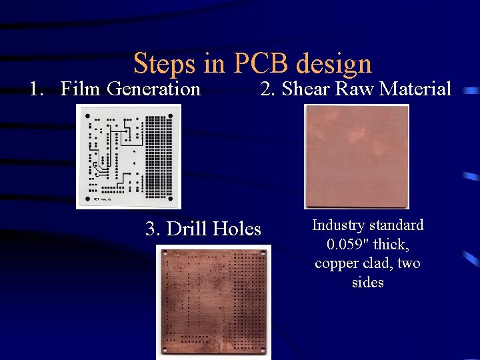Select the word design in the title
pyautogui.click(x=333, y=64)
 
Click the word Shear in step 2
pyautogui.click(x=306, y=88)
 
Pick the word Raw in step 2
pyautogui.click(x=355, y=88)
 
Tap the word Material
pyautogui.click(x=417, y=88)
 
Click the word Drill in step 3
pyautogui.click(x=186, y=229)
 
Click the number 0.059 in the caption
pyautogui.click(x=345, y=244)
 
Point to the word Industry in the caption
pyautogui.click(x=337, y=225)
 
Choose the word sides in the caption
pyautogui.click(x=367, y=282)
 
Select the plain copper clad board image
pyautogui.click(x=357, y=156)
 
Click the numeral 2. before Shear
pyautogui.click(x=267, y=88)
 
